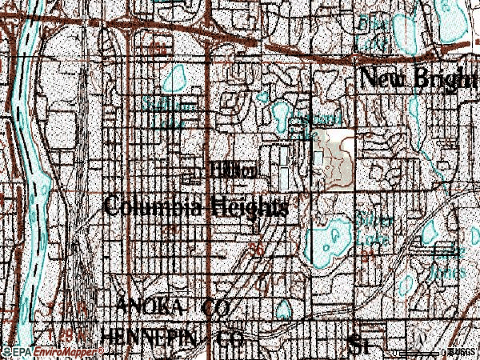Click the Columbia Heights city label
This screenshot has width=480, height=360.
click(197, 206)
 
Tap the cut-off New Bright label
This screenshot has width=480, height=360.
click(418, 79)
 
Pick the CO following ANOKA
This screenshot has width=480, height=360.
click(215, 307)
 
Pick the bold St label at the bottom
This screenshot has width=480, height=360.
click(358, 344)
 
